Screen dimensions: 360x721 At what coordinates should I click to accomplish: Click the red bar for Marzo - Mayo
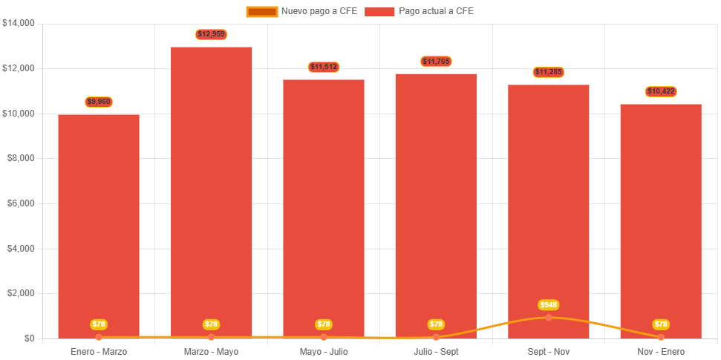[x=212, y=193]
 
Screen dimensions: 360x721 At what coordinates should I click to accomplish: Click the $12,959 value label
[x=212, y=34]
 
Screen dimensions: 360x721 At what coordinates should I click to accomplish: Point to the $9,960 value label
[x=99, y=102]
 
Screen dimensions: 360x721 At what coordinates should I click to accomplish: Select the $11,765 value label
[x=436, y=62]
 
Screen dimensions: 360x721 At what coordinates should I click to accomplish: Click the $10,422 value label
[x=661, y=92]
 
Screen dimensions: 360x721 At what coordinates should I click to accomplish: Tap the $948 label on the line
[x=549, y=305]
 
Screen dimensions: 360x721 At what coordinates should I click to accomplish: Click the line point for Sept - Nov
[x=549, y=318]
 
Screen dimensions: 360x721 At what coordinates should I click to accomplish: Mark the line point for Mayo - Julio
[x=324, y=338]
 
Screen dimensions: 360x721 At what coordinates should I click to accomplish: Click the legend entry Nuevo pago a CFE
[x=301, y=11]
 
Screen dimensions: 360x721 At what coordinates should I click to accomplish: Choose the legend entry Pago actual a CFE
[x=419, y=11]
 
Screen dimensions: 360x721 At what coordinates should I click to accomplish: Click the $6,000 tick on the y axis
[x=21, y=203]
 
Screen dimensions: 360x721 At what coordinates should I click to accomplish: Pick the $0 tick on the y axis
[x=29, y=338]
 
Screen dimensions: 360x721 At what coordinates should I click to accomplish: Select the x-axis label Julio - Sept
[x=436, y=351]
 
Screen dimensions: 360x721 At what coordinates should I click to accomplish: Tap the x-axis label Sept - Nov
[x=549, y=351]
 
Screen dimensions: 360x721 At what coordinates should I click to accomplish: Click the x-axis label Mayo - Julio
[x=324, y=351]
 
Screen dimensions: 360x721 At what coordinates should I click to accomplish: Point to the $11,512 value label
[x=324, y=68]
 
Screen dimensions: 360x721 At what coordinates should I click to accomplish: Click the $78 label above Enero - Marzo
[x=99, y=324]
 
